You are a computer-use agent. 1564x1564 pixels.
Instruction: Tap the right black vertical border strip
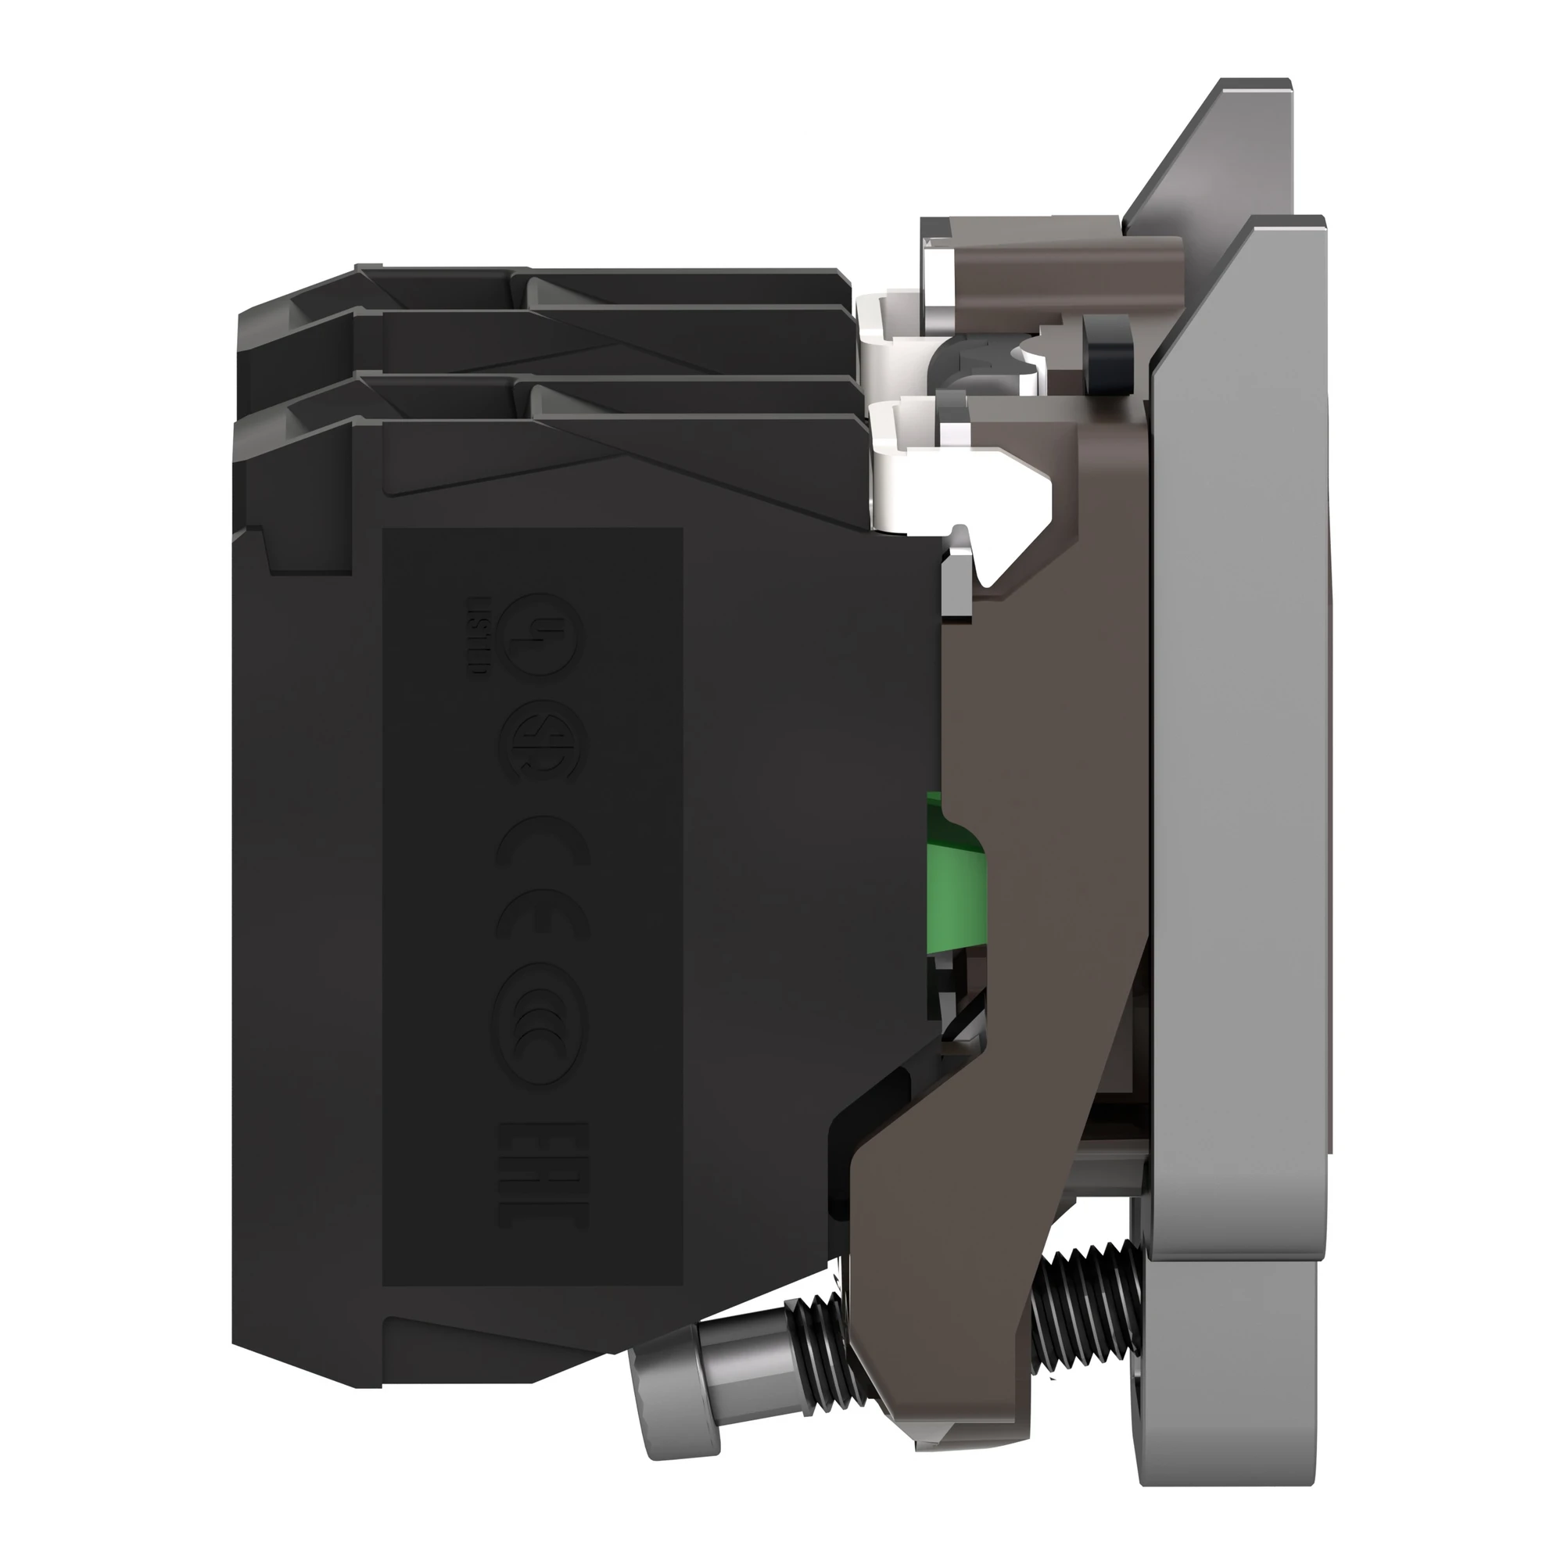coord(1481,782)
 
